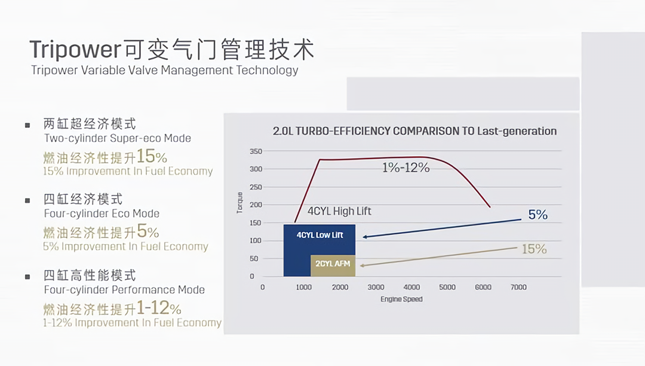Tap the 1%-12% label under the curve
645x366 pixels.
click(406, 168)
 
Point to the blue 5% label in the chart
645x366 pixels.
click(537, 214)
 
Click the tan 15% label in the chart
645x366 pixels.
click(534, 249)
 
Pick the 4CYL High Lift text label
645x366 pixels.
click(339, 211)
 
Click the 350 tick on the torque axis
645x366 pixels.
click(256, 151)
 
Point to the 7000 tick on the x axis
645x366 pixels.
click(518, 287)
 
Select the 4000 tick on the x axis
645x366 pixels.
click(411, 287)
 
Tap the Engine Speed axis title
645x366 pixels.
click(401, 299)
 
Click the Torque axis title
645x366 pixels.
click(239, 203)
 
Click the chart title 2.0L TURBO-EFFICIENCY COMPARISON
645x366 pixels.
click(414, 131)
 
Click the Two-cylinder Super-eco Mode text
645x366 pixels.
click(118, 138)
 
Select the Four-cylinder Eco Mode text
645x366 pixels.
click(102, 213)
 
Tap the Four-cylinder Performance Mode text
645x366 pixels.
click(124, 290)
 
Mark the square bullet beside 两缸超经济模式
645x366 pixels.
click(27, 125)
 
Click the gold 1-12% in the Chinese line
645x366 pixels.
click(159, 309)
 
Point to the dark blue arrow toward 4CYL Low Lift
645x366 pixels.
click(442, 228)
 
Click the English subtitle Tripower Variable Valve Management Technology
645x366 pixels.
click(165, 71)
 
